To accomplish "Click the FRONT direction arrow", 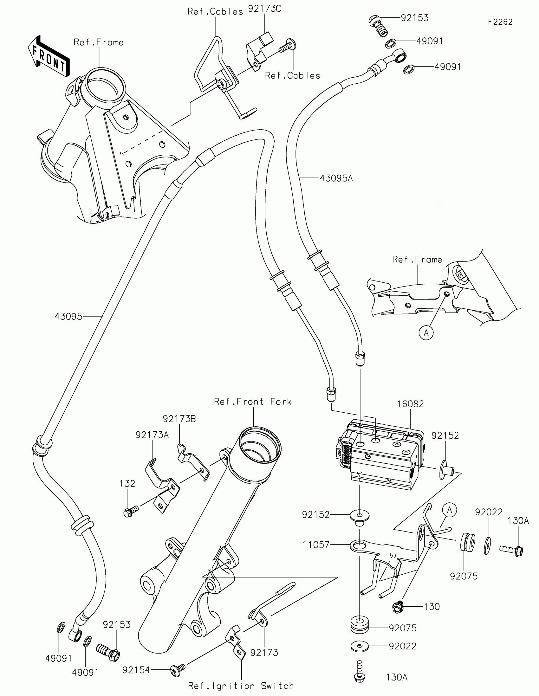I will (49, 57).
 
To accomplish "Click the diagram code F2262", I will (500, 22).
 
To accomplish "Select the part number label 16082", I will (410, 404).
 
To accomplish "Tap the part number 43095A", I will (336, 178).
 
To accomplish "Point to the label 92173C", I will (264, 9).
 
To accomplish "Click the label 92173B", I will (179, 419).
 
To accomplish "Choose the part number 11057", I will (316, 545).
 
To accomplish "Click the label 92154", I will (136, 670).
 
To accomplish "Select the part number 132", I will (127, 483).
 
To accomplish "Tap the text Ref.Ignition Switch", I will (241, 686).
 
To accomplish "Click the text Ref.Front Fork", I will (253, 402).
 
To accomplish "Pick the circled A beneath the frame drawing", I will (426, 333).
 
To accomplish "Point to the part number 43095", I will (68, 316).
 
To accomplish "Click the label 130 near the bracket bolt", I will (432, 606).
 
